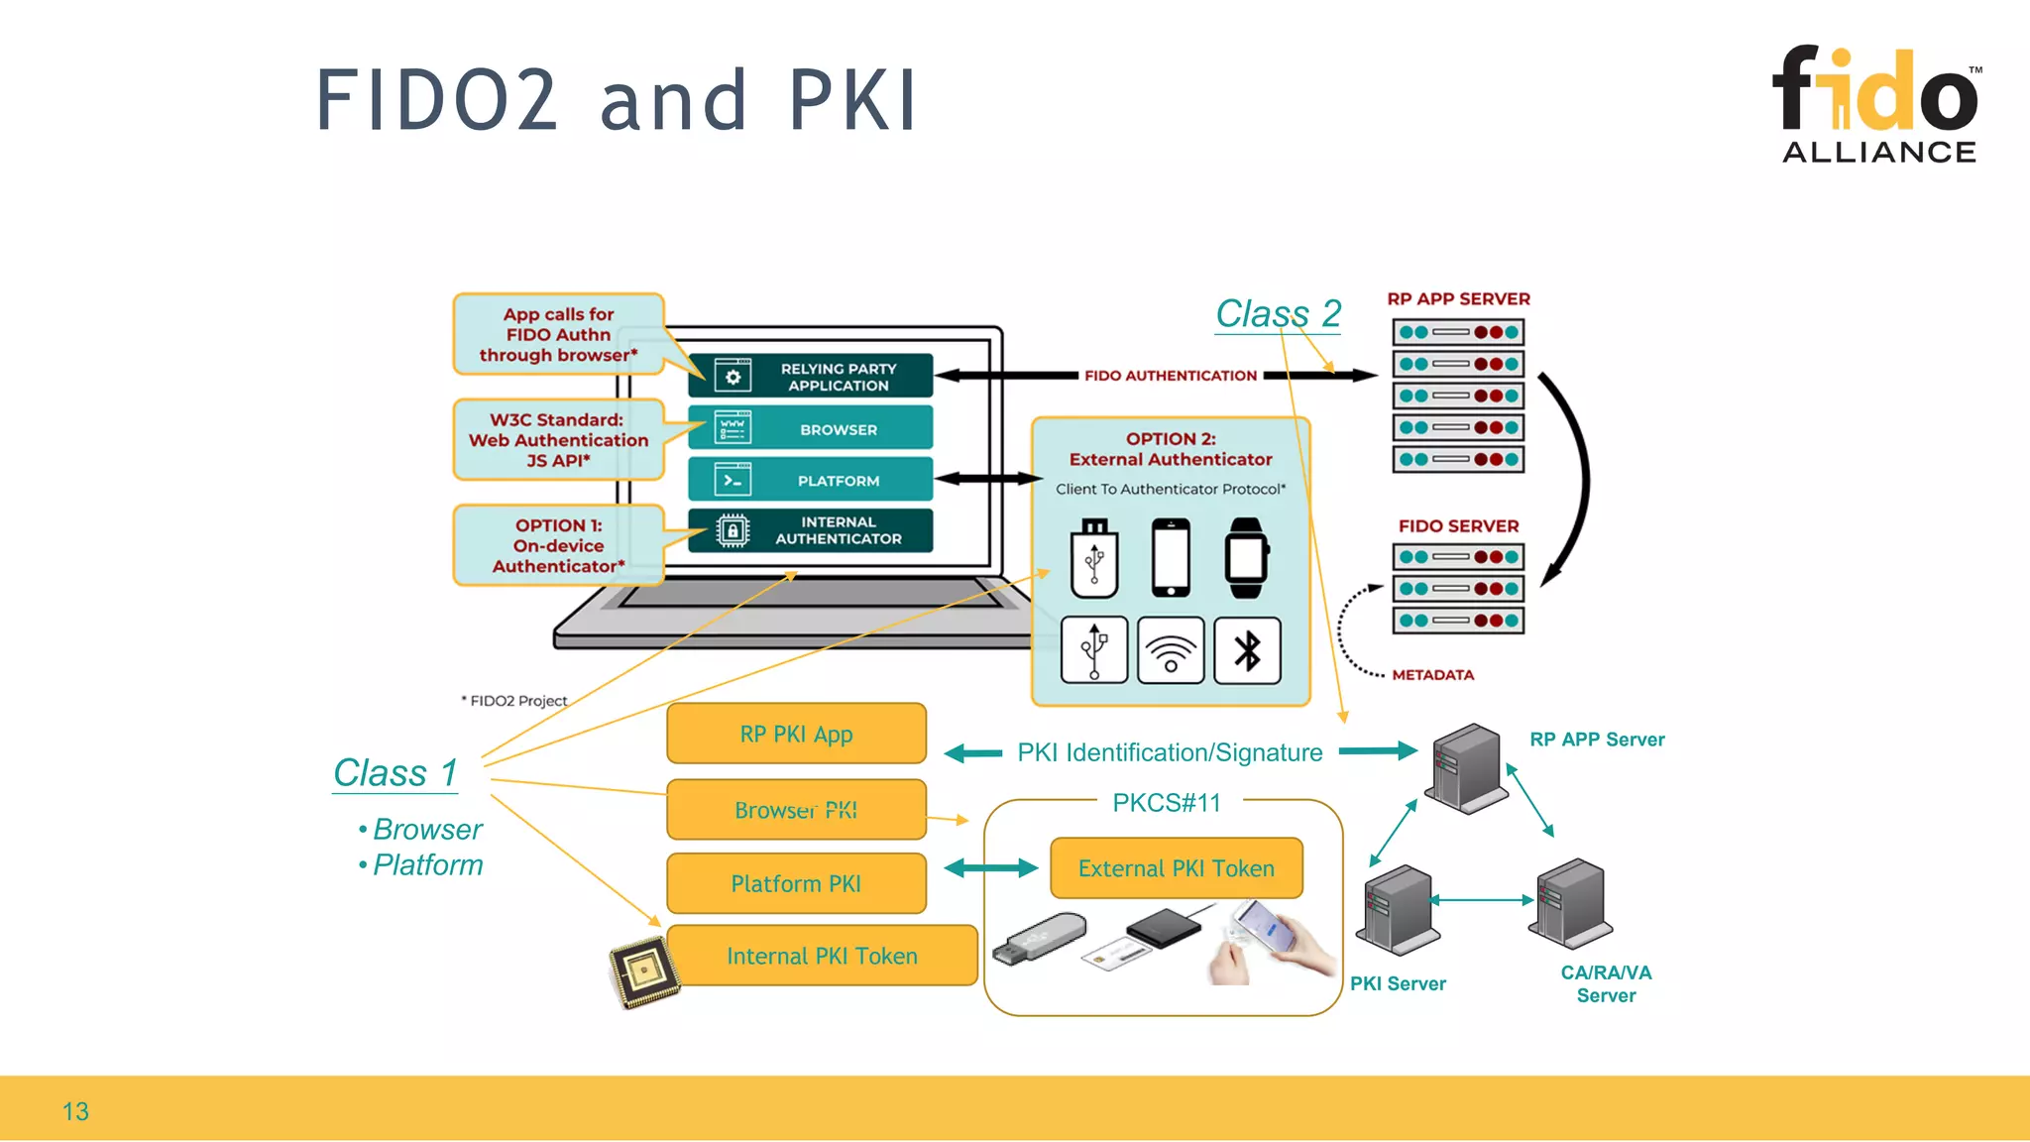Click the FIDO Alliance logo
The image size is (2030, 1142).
(1876, 104)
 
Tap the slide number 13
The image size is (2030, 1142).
(75, 1111)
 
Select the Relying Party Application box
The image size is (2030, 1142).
(810, 377)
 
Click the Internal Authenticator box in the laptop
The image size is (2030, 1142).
(810, 530)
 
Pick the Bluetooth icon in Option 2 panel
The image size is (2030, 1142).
(1247, 651)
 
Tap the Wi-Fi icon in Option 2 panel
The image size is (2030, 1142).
(1171, 651)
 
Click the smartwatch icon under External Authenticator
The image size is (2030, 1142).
(1246, 557)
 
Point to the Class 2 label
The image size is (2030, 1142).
(1278, 314)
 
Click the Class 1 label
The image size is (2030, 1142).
(395, 773)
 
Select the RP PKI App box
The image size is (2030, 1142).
(796, 735)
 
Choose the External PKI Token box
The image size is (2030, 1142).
(1176, 868)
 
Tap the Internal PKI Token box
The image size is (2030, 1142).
(822, 956)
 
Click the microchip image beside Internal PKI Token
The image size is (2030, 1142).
(644, 971)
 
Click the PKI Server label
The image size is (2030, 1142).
(1398, 983)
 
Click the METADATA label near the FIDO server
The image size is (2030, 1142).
(1432, 675)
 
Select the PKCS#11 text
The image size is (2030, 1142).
(1167, 803)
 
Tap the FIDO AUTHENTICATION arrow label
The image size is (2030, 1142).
(1170, 376)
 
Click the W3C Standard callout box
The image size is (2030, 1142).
(558, 440)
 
